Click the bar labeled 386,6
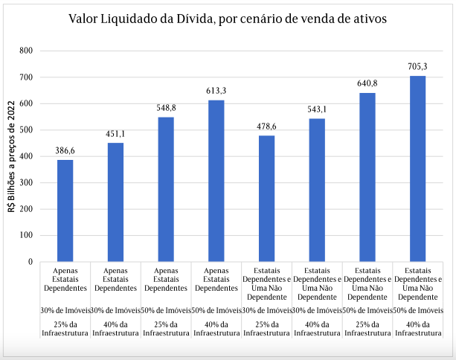point(65,210)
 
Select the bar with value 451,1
point(115,202)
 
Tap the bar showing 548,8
point(166,189)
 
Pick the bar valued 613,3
point(216,181)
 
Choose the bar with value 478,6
point(266,198)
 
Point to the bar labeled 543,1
point(317,190)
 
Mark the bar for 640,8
point(367,177)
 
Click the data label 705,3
point(417,66)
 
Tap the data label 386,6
point(65,150)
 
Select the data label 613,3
point(216,91)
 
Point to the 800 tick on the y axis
point(26,51)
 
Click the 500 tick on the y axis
point(26,130)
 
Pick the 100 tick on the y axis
point(26,236)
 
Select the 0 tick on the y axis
point(30,262)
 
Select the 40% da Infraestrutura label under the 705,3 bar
point(417,328)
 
